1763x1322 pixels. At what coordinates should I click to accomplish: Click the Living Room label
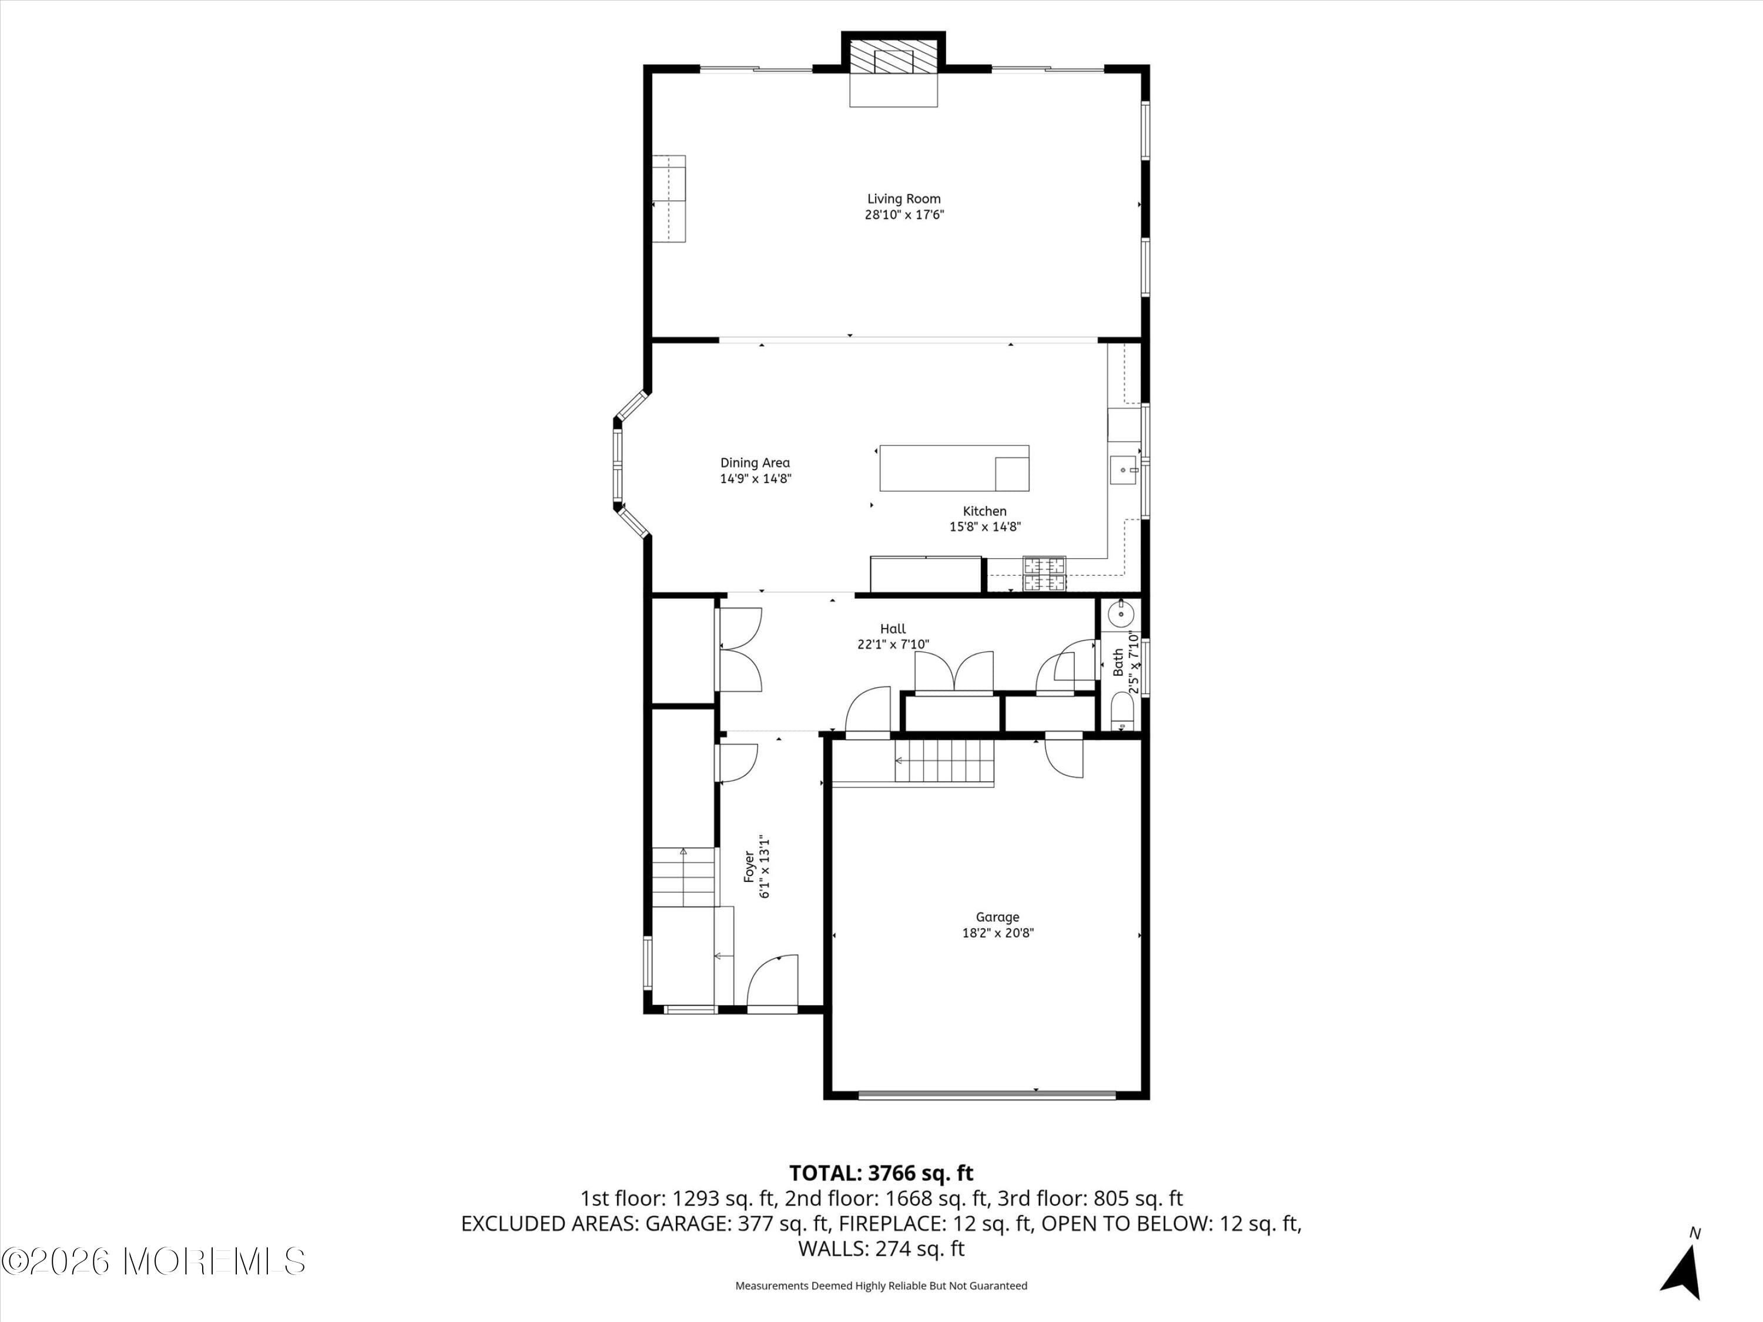pyautogui.click(x=904, y=199)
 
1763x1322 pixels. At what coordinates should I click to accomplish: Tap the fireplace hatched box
pyautogui.click(x=893, y=58)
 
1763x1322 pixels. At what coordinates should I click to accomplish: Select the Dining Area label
pyautogui.click(x=755, y=463)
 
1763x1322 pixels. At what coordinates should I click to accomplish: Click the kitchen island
pyautogui.click(x=954, y=468)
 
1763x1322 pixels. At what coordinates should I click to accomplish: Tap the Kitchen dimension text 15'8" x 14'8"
pyautogui.click(x=985, y=526)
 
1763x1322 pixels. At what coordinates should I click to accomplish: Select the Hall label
pyautogui.click(x=893, y=629)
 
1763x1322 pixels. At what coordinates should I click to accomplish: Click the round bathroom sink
pyautogui.click(x=1121, y=613)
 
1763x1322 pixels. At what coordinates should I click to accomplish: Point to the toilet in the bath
pyautogui.click(x=1121, y=712)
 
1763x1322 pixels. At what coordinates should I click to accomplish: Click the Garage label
pyautogui.click(x=997, y=917)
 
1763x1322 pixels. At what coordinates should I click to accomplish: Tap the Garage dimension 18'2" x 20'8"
pyautogui.click(x=998, y=933)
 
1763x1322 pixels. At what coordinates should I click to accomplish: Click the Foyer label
pyautogui.click(x=749, y=867)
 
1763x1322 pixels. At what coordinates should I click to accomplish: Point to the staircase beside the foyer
pyautogui.click(x=683, y=877)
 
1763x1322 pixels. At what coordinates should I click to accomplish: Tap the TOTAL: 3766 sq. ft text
pyautogui.click(x=881, y=1172)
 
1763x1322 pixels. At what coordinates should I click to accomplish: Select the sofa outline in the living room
pyautogui.click(x=669, y=199)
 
